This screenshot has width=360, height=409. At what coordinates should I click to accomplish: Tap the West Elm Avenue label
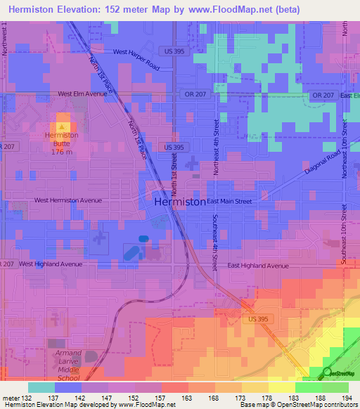coord(82,93)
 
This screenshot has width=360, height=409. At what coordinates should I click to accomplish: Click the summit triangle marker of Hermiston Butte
coord(62,126)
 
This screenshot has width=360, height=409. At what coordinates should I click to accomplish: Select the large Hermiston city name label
coord(179,201)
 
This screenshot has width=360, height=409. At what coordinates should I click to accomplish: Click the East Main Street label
coord(230,201)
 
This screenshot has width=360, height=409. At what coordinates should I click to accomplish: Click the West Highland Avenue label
coord(51,264)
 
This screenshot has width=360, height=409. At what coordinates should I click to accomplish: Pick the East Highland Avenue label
coord(259,266)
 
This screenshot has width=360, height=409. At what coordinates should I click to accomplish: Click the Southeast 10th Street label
coord(345,235)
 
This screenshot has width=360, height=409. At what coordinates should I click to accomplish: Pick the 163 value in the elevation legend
coord(188,398)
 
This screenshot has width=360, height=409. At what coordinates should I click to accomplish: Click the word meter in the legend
coord(11,398)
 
